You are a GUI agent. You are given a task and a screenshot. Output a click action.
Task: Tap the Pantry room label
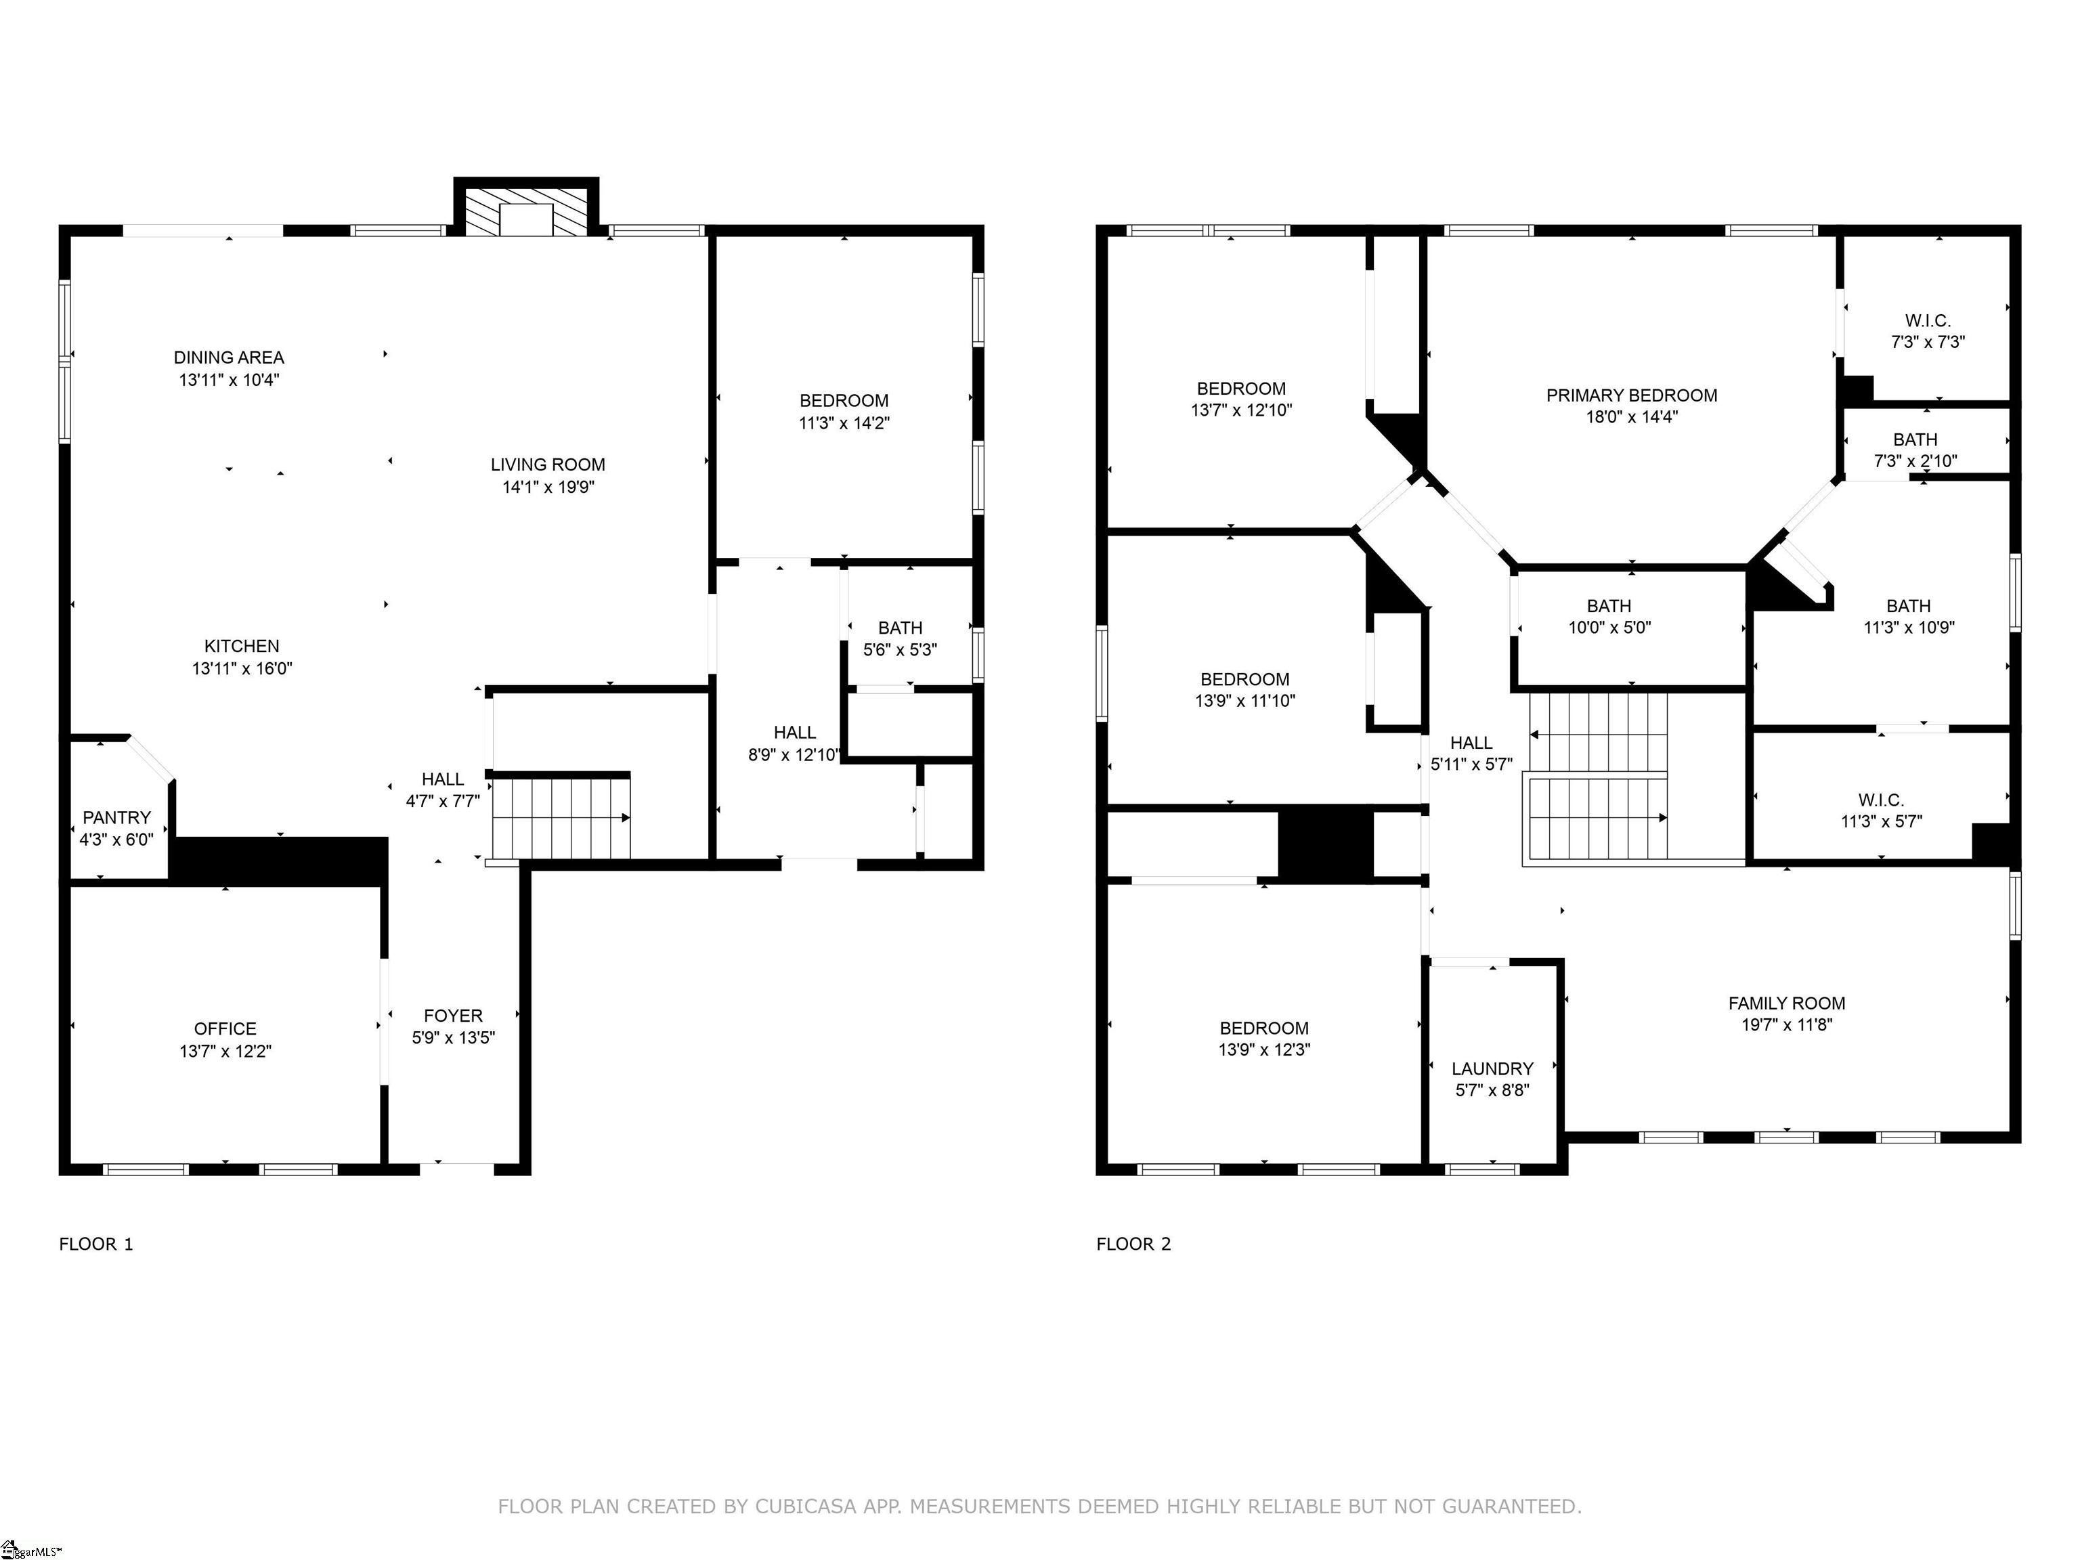point(116,817)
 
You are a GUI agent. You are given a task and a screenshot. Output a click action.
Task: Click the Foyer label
point(453,1016)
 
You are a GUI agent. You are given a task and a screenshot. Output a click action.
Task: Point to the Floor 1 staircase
point(561,816)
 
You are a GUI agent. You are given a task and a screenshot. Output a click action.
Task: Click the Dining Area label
point(228,357)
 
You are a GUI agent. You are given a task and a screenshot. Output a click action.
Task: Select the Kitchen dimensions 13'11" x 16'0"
point(242,668)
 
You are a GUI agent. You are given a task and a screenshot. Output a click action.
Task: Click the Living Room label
point(547,464)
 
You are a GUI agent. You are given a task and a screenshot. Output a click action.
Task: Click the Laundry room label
point(1492,1068)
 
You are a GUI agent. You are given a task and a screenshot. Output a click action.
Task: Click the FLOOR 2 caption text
point(1133,1244)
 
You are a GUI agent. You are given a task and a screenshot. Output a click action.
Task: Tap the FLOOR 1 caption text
point(96,1244)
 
